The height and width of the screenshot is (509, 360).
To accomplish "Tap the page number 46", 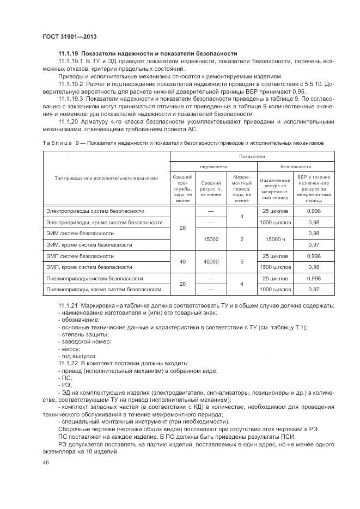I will (45, 462).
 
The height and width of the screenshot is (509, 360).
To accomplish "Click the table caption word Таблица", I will (57, 142).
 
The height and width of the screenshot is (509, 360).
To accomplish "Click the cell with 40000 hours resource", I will (211, 261).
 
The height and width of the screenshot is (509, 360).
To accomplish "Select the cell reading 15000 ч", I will (275, 239).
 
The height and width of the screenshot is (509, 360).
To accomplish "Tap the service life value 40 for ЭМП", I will (182, 261).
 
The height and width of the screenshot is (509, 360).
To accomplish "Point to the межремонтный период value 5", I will (241, 261).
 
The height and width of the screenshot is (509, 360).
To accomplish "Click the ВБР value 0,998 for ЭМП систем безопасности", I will (314, 256).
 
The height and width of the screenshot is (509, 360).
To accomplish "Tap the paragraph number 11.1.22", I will (68, 363).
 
